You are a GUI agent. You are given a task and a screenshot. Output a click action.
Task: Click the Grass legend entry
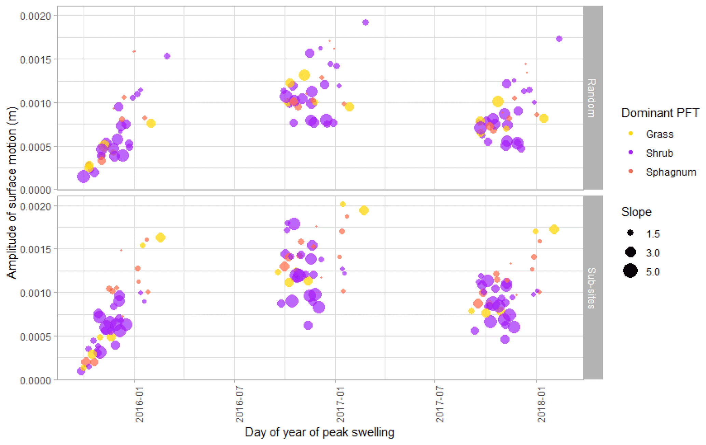659,134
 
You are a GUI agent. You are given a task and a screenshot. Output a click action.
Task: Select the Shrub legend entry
659,153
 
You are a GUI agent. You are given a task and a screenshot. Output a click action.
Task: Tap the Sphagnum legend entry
670,172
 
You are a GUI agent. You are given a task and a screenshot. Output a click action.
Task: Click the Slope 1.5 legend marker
631,233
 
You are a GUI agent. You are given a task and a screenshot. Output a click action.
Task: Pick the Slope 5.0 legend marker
631,271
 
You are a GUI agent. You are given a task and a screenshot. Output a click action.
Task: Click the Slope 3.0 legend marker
631,253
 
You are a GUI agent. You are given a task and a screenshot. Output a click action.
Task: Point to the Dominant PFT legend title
660,113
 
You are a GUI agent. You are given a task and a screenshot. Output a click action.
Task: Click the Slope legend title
636,212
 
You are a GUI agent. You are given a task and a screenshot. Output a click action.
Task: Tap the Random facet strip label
592,98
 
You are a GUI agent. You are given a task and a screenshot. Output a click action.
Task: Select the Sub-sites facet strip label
592,288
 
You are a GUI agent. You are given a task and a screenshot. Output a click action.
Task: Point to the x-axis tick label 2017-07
440,404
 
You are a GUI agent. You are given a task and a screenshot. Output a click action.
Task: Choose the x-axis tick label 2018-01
541,404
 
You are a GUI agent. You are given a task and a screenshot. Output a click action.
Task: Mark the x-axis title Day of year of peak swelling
319,432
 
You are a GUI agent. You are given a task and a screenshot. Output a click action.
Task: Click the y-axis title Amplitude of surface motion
12,193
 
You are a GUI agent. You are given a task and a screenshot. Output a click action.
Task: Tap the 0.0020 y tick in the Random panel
36,16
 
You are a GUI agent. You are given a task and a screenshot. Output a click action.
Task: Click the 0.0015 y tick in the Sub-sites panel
36,249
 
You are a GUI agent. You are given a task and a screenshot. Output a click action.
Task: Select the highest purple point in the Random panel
365,23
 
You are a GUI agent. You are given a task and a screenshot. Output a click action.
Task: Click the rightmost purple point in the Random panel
559,39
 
